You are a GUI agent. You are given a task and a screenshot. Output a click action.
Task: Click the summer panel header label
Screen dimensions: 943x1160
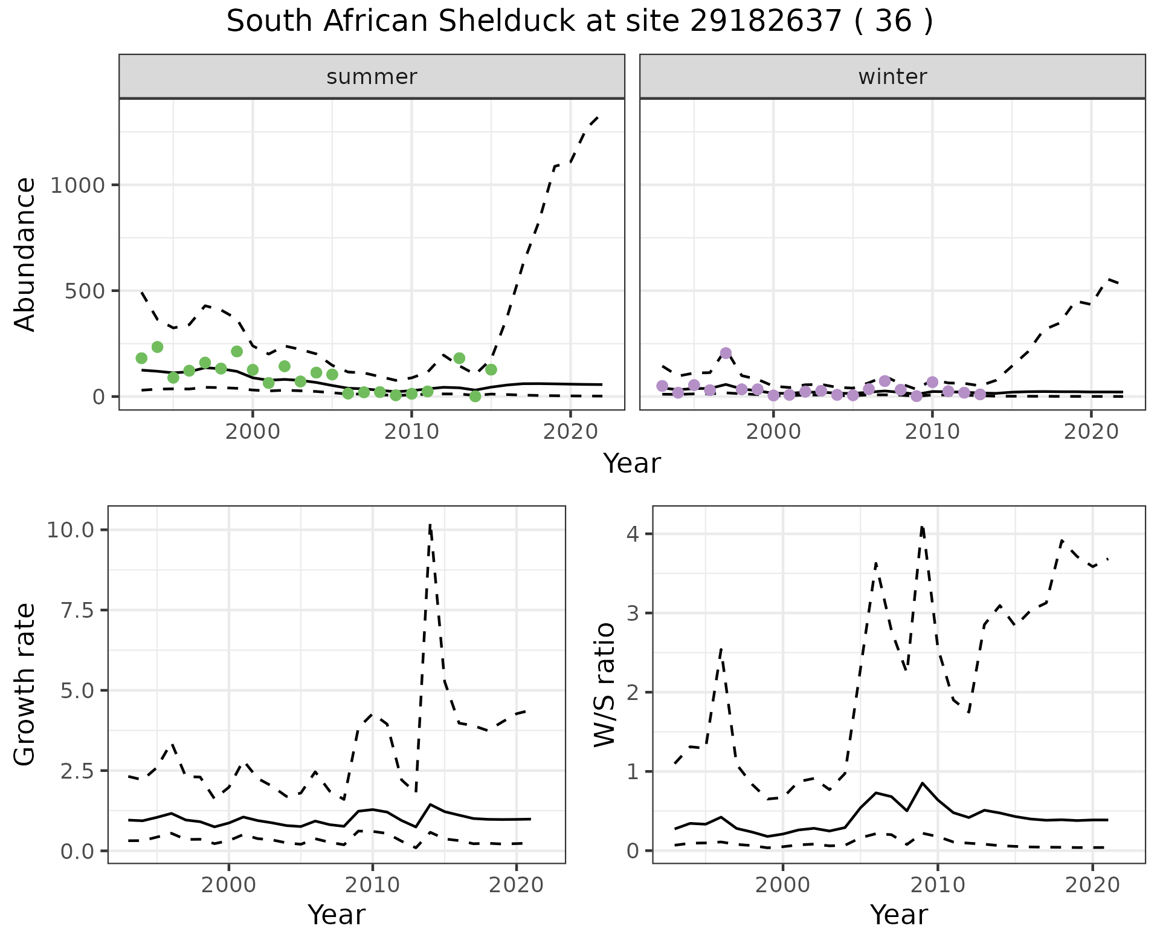pyautogui.click(x=372, y=77)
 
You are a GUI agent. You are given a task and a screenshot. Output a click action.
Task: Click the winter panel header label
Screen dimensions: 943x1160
pyautogui.click(x=892, y=77)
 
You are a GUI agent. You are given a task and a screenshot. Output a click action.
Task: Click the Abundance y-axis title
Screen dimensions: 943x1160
pyautogui.click(x=25, y=254)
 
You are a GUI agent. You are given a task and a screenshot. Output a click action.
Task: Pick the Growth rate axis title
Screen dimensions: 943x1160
pyautogui.click(x=25, y=685)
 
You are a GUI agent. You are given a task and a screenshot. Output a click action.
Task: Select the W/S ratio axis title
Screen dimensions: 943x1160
pyautogui.click(x=605, y=685)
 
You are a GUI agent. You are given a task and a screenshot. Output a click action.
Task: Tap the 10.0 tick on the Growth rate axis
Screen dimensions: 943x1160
pyautogui.click(x=71, y=530)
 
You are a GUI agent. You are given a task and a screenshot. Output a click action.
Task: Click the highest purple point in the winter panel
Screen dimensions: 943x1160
pyautogui.click(x=726, y=353)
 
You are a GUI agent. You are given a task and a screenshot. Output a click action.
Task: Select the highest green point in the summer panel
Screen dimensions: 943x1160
pyautogui.click(x=157, y=347)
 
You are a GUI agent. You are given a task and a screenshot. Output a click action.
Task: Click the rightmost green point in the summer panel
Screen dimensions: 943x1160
pyautogui.click(x=491, y=369)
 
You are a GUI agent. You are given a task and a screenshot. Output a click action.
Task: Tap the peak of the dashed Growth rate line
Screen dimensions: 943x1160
pyautogui.click(x=430, y=525)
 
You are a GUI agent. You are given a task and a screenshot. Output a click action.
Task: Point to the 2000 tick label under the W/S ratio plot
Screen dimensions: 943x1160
pyautogui.click(x=782, y=886)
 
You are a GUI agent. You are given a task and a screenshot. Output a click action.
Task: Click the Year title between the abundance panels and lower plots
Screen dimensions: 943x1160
pyautogui.click(x=632, y=464)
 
